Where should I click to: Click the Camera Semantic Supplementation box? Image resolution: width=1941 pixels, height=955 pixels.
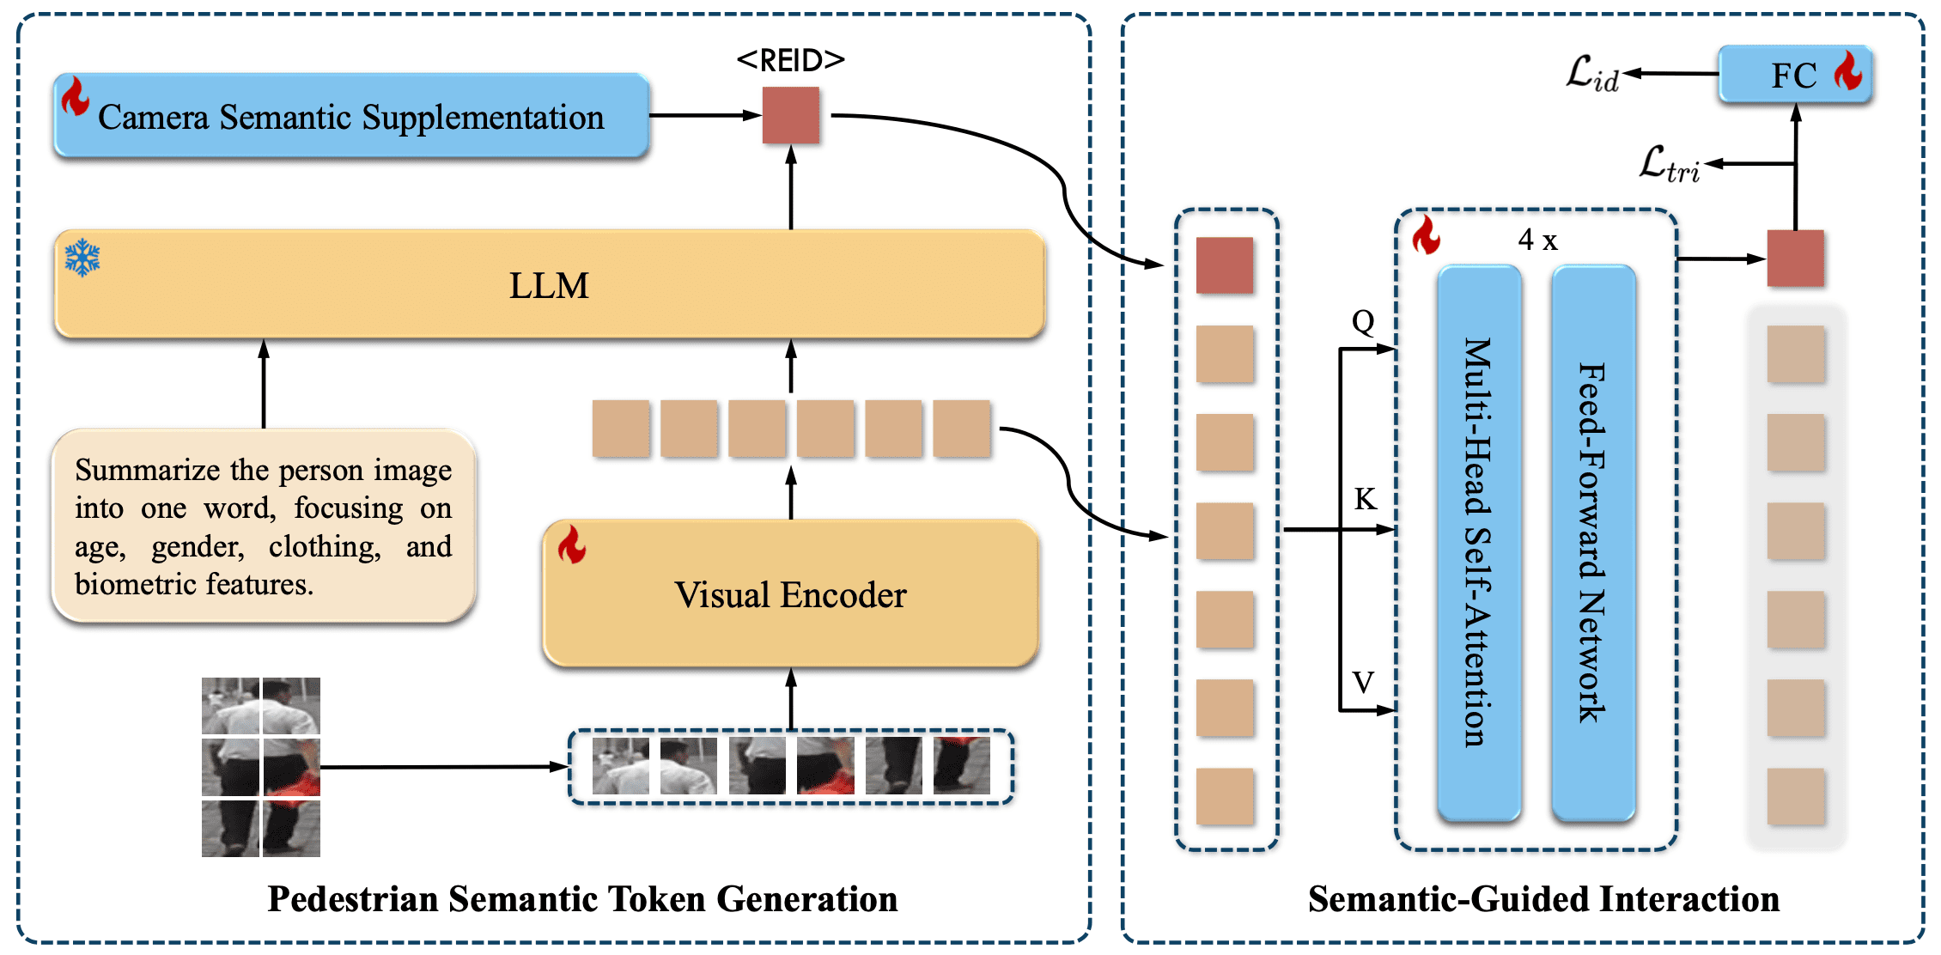(350, 116)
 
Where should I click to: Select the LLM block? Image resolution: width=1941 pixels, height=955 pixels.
(550, 285)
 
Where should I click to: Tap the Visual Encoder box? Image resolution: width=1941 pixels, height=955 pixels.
(790, 594)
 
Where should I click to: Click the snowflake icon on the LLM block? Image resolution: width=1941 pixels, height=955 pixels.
(82, 258)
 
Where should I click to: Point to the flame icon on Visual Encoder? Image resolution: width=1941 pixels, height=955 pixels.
(572, 544)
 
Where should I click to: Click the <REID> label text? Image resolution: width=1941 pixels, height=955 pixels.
(790, 60)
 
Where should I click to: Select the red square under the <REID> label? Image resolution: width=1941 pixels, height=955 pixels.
(790, 115)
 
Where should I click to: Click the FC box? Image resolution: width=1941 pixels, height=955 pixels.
(1794, 76)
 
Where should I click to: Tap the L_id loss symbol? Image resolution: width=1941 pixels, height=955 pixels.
(1592, 74)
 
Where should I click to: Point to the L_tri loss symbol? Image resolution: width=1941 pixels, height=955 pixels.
(1669, 164)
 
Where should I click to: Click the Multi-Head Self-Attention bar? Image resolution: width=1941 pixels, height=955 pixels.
(1479, 543)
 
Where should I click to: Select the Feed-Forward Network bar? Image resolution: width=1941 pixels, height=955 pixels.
(1593, 543)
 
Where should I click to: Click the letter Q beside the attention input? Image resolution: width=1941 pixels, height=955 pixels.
(1363, 322)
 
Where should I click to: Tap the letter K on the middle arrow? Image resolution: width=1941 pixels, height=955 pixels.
(1365, 499)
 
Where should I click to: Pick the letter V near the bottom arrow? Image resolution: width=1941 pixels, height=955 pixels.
(1363, 683)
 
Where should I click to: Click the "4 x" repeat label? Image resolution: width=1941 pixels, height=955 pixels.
(1537, 240)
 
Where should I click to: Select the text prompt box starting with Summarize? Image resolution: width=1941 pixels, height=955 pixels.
(264, 526)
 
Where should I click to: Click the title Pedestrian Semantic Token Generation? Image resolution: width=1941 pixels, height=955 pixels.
(582, 899)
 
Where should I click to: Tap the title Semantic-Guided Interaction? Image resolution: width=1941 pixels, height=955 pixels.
(1543, 899)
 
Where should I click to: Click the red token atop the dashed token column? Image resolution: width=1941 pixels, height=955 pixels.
(1224, 265)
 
